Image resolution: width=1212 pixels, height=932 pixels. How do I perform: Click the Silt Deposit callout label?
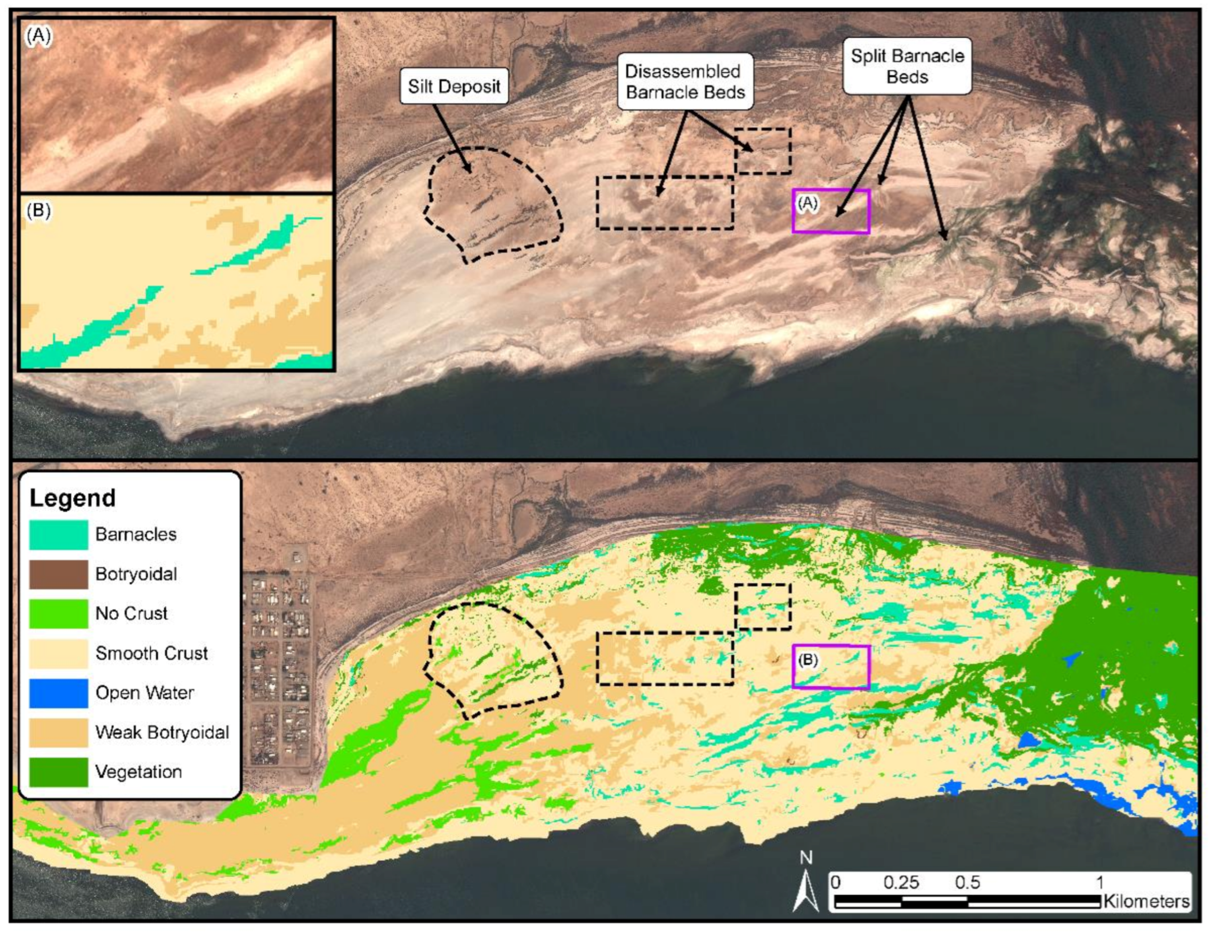454,87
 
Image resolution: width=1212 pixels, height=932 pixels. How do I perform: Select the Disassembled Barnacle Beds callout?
685,82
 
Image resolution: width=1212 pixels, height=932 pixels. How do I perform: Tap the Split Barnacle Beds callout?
907,66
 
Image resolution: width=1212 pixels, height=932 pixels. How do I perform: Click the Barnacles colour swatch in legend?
58,534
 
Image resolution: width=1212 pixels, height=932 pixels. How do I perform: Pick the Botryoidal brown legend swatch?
58,574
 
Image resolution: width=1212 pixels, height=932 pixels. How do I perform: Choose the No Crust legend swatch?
58,613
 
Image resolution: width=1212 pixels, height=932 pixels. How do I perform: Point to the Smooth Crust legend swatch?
58,653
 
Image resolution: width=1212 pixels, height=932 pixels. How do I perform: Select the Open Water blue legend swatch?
58,693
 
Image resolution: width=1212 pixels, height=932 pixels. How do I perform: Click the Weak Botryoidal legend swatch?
58,732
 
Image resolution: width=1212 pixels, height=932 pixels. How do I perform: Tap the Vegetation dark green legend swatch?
58,772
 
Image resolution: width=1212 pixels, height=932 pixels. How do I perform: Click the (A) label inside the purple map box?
807,204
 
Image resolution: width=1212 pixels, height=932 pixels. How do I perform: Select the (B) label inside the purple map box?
807,660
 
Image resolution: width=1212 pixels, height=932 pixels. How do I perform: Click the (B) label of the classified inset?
38,211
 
